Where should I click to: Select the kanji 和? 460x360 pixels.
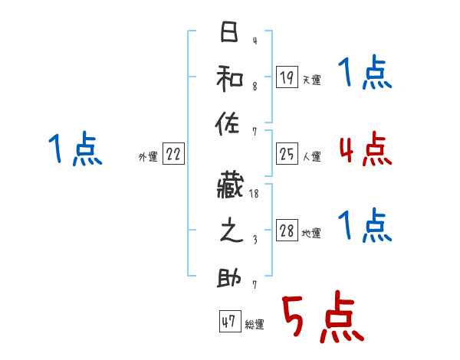coord(228,77)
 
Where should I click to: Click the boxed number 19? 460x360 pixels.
coord(287,77)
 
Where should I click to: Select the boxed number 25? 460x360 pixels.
coord(287,154)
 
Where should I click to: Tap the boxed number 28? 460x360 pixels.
coord(287,231)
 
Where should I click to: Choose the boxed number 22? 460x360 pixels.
coord(173,154)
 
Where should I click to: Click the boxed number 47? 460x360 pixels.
coord(228,322)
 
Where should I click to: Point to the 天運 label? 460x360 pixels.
coord(312,80)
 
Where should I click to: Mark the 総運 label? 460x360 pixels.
coord(255,325)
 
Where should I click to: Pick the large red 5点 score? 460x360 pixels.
coord(321,319)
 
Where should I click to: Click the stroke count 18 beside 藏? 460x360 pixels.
coord(254,195)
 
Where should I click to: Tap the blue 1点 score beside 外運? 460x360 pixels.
coord(74,149)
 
